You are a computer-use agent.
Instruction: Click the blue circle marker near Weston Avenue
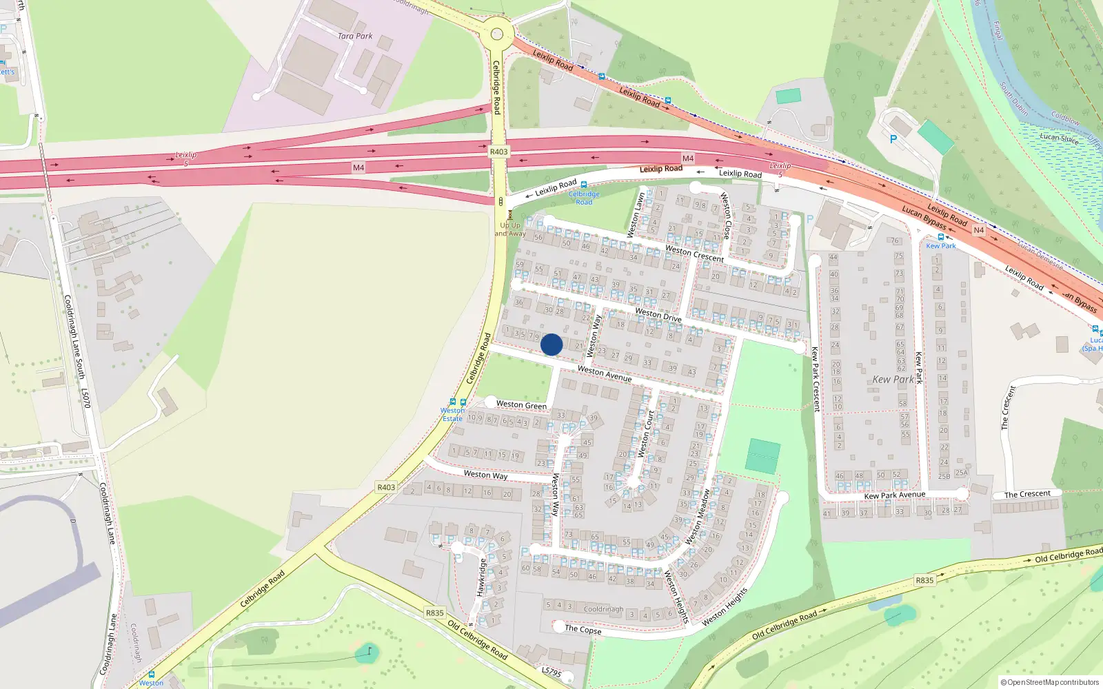click(x=551, y=344)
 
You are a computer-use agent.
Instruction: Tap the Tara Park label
click(x=355, y=36)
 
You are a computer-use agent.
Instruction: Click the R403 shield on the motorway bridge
click(x=498, y=152)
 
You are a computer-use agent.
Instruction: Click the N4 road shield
click(x=978, y=230)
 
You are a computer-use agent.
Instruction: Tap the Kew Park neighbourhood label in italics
click(x=893, y=380)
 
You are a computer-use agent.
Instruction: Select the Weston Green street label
click(x=521, y=405)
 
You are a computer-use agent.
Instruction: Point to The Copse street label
click(x=583, y=629)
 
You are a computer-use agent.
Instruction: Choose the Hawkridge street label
click(x=481, y=577)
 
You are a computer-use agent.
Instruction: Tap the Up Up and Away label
click(x=510, y=229)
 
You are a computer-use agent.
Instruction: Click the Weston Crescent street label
click(x=695, y=254)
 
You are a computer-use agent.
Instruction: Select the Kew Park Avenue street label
click(x=895, y=495)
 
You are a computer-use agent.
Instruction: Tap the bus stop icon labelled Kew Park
click(x=941, y=237)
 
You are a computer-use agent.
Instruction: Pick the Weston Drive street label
click(x=658, y=316)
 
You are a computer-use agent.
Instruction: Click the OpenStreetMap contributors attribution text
click(x=1049, y=682)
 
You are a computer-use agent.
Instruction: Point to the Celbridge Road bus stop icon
click(x=584, y=185)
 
